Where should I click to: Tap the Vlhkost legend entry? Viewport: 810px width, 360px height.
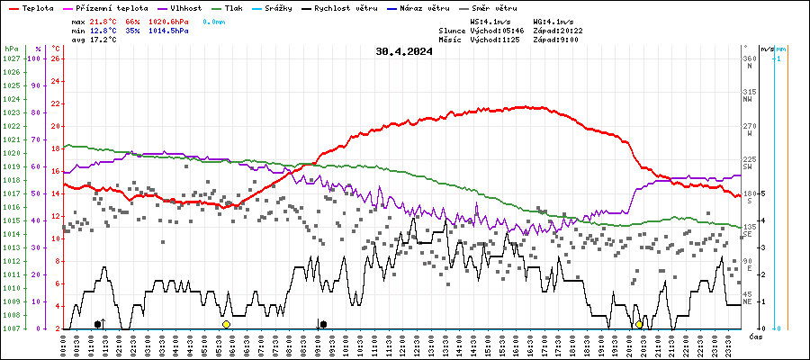pyautogui.click(x=192, y=7)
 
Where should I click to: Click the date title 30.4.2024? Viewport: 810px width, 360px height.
pyautogui.click(x=404, y=51)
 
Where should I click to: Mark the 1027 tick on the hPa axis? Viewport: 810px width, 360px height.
pyautogui.click(x=11, y=58)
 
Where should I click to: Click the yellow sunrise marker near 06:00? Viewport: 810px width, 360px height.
pyautogui.click(x=226, y=324)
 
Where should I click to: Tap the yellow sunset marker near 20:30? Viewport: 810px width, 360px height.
pyautogui.click(x=639, y=324)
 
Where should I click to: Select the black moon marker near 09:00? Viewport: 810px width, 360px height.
pyautogui.click(x=323, y=324)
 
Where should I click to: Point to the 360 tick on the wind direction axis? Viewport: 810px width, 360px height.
pyautogui.click(x=749, y=58)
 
